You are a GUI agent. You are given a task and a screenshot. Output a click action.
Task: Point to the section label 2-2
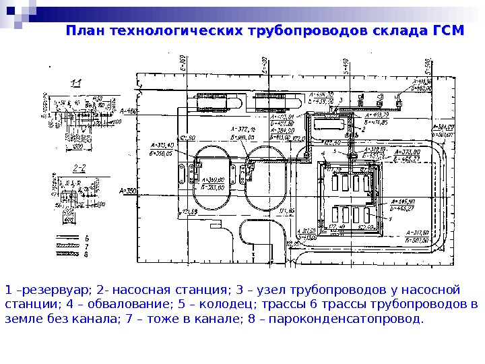coord(79,167)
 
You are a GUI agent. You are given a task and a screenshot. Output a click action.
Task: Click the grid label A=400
coord(128,111)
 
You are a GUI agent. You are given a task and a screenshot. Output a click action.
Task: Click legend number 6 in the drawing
coord(86,239)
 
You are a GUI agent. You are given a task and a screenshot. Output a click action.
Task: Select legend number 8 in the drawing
coord(86,255)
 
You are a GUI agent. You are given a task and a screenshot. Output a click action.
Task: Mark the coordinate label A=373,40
coord(162,145)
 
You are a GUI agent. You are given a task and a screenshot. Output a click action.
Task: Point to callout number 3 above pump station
coord(342,100)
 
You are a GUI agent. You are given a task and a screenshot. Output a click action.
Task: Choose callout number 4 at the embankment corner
coord(323,153)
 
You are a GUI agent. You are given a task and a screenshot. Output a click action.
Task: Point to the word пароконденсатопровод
coord(352,318)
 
